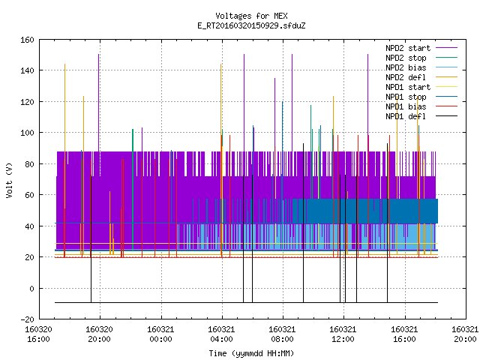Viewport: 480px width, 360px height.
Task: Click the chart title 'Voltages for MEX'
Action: point(251,16)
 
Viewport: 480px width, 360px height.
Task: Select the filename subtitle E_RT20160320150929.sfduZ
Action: point(251,25)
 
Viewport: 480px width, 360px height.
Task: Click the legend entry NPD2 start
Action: point(408,48)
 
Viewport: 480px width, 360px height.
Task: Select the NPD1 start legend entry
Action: point(408,87)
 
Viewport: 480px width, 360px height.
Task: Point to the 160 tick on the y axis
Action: point(27,40)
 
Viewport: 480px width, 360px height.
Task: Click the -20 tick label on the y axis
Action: point(27,319)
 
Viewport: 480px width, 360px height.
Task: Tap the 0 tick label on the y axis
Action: point(31,289)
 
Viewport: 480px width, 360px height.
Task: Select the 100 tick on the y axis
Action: point(27,133)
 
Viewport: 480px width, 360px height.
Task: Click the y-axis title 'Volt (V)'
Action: point(10,181)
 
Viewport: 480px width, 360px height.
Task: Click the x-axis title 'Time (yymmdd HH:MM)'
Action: point(251,353)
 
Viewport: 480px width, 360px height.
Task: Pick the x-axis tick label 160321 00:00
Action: point(160,334)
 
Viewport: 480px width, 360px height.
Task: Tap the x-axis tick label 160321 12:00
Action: point(343,334)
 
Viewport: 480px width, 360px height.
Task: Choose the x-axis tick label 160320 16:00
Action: point(38,334)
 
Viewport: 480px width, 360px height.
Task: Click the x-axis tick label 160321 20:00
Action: point(465,334)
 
